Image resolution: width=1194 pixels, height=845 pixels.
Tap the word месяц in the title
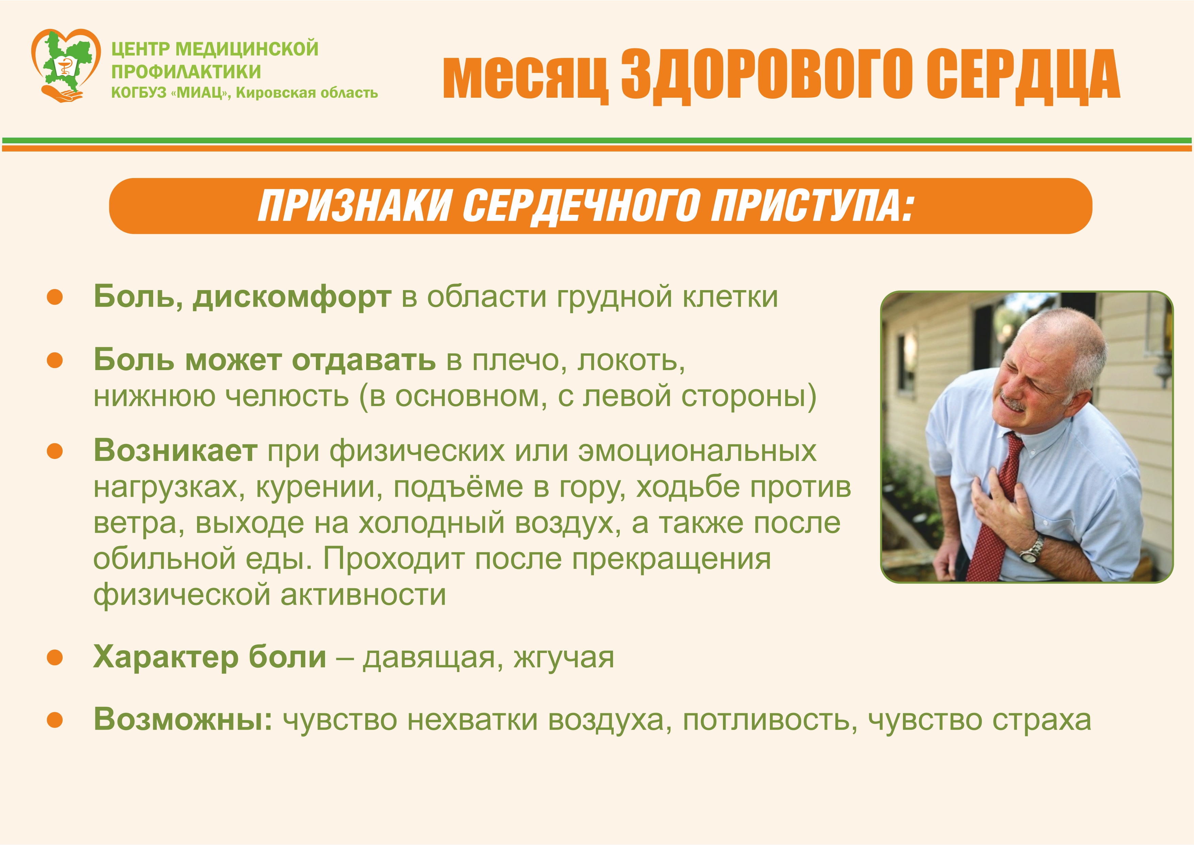pyautogui.click(x=525, y=77)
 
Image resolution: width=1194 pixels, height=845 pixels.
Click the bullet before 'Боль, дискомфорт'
pyautogui.click(x=54, y=297)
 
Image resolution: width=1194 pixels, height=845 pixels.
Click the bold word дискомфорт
pyautogui.click(x=292, y=298)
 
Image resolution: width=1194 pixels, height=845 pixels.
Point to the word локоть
pyautogui.click(x=631, y=361)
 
